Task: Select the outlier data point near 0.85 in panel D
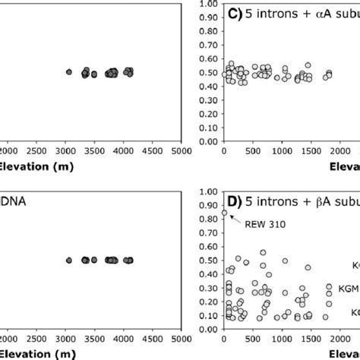click(223, 213)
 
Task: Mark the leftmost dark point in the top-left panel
click(68, 72)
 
